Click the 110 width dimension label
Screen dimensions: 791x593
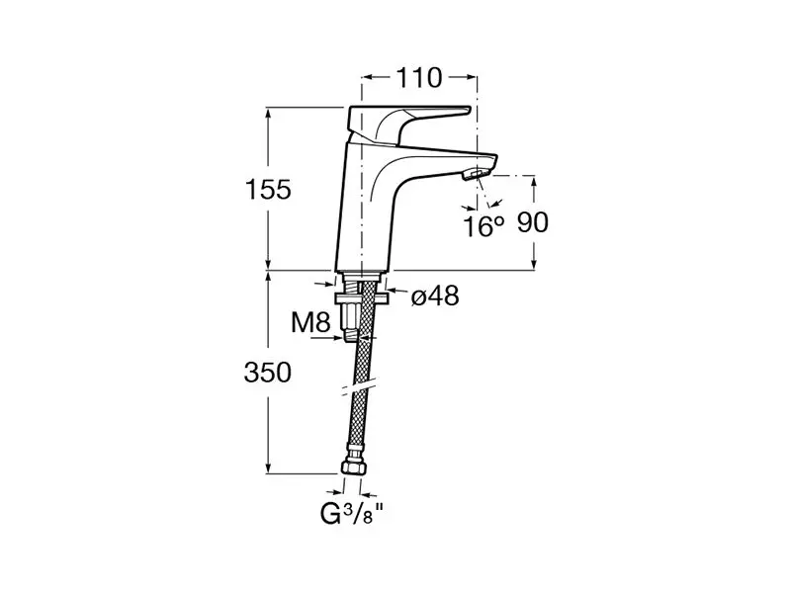pos(419,78)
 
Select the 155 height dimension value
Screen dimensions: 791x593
pos(268,190)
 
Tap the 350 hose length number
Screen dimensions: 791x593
pos(268,373)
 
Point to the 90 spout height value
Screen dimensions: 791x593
pos(532,222)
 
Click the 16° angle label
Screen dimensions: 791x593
pos(483,225)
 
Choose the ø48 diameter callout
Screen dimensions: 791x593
pos(435,296)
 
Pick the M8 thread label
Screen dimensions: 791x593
pos(310,322)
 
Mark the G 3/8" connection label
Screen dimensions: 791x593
pos(352,514)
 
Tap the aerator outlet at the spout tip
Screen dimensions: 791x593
pos(475,175)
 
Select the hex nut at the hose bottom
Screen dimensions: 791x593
pos(352,466)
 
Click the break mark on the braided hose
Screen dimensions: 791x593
pos(358,385)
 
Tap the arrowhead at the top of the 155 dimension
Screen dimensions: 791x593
pos(268,114)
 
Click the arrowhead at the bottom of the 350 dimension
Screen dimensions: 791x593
pos(268,466)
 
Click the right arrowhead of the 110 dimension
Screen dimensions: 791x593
pos(470,77)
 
